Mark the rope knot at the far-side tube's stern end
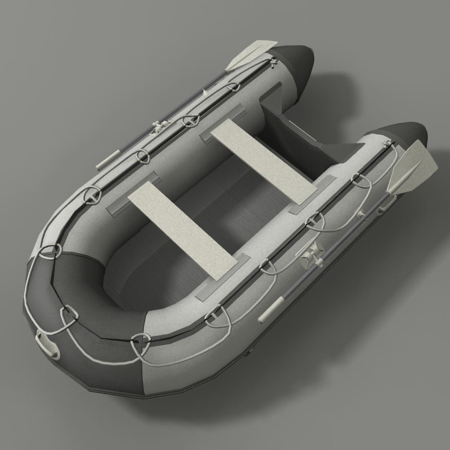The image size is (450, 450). [x=273, y=62]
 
